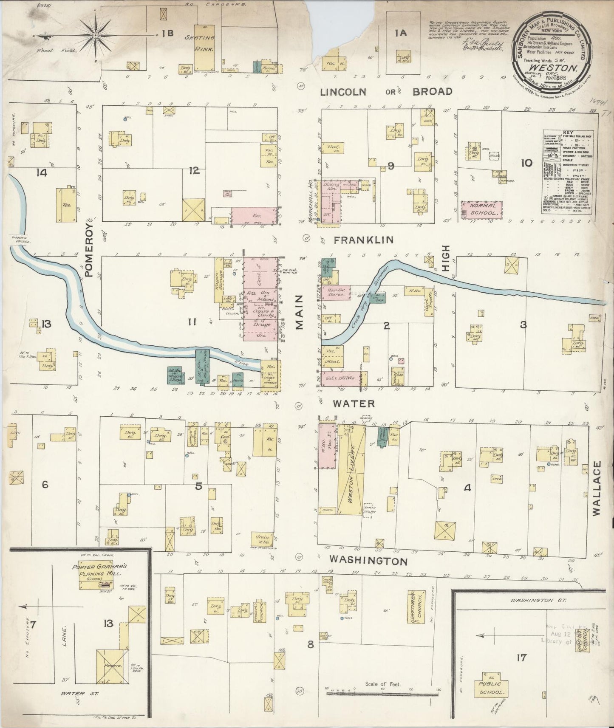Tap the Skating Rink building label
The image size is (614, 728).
coord(204,42)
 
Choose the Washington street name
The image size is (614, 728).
coord(369,561)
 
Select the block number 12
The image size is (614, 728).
coord(194,171)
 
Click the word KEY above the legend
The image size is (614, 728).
coord(568,132)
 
